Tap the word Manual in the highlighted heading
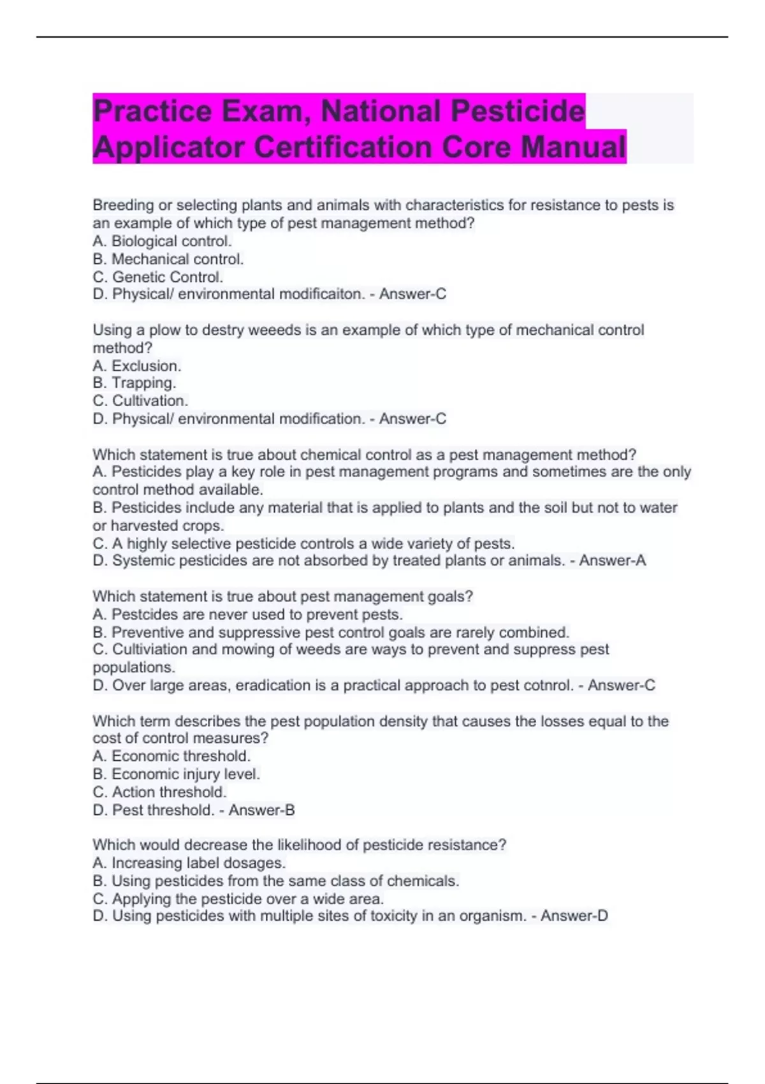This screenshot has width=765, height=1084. coord(573,147)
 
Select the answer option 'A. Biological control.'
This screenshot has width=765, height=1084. coord(162,241)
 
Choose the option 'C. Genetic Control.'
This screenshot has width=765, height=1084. coord(157,277)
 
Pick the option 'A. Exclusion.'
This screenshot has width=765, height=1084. coord(137,366)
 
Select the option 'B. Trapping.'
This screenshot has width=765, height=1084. coord(134,383)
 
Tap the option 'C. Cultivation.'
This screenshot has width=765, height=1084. coord(140,400)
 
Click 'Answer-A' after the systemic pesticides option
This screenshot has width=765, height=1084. coord(612,560)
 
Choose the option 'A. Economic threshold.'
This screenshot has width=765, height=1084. coord(171,756)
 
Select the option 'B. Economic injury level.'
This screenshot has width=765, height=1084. coord(177,774)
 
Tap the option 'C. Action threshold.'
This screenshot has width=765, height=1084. coord(159,792)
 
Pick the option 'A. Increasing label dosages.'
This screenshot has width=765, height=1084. coord(189,863)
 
